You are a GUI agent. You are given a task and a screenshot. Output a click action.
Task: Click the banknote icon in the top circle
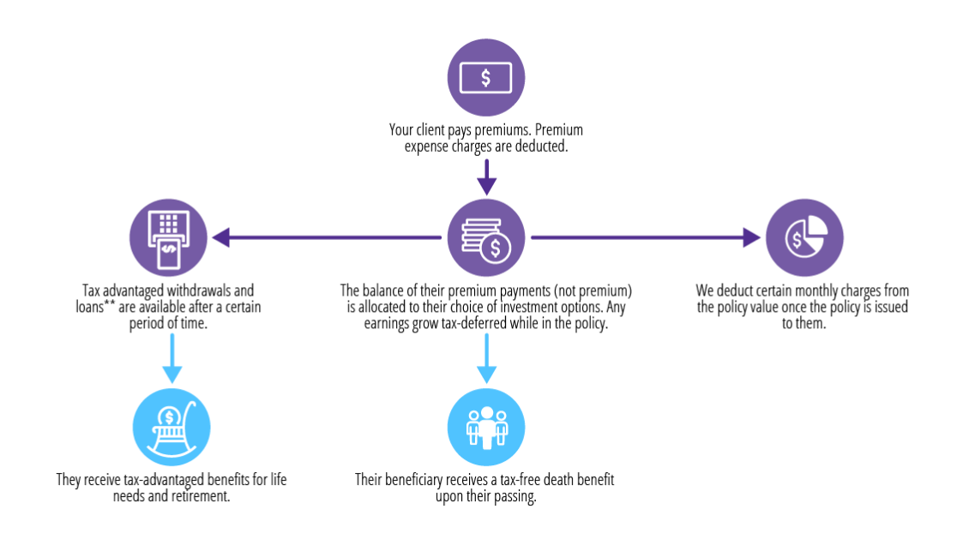485,77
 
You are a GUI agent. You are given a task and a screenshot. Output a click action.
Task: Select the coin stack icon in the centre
485,237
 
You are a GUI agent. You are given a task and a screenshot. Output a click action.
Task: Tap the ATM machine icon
168,237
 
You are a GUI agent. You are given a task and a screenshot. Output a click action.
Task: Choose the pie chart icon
804,237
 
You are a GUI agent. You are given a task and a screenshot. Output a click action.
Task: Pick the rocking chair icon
172,427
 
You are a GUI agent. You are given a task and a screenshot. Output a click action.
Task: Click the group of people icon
486,427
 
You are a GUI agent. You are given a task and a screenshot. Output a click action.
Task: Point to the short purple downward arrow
486,177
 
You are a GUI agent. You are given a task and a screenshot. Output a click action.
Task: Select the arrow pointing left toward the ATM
326,237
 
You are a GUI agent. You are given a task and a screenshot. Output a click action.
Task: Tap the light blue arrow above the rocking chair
172,358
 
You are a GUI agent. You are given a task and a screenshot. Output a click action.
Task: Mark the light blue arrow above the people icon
486,358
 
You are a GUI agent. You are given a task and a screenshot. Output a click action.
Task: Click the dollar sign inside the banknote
486,78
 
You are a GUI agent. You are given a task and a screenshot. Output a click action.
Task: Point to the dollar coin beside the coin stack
496,249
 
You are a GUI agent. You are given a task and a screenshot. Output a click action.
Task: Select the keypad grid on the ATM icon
169,225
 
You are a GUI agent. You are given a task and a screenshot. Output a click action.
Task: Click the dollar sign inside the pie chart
797,242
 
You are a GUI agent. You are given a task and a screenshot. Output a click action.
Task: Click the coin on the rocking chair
170,417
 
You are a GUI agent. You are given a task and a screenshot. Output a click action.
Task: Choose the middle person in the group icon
486,426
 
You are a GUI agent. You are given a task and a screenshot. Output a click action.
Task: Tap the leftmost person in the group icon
472,428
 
